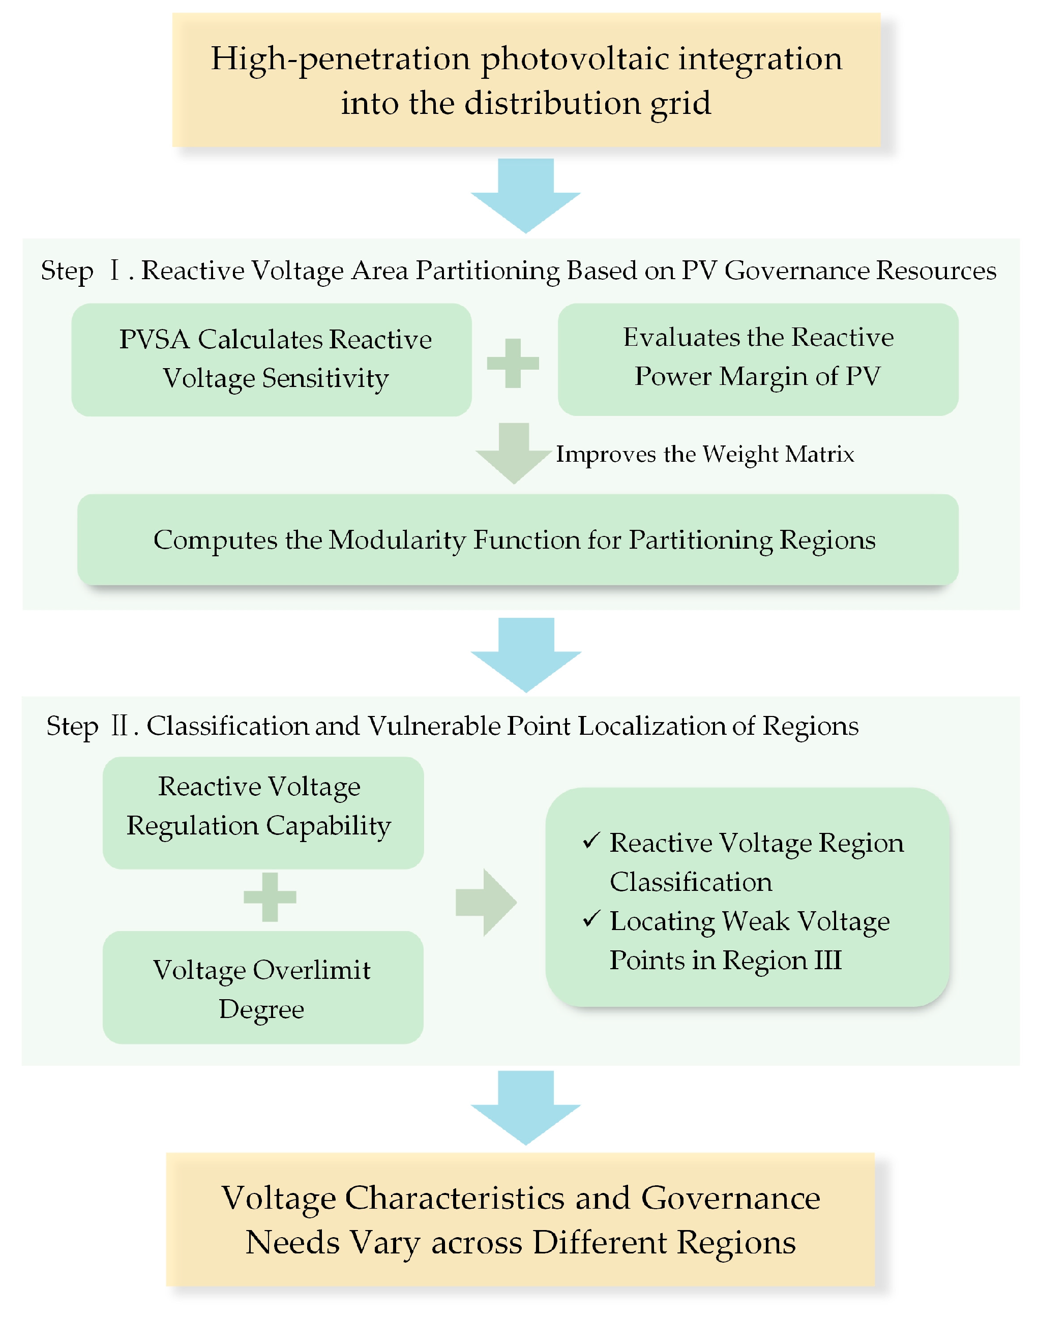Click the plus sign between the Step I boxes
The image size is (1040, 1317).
pyautogui.click(x=513, y=364)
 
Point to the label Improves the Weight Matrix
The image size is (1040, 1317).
pyautogui.click(x=705, y=455)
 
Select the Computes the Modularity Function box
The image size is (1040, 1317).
pyautogui.click(x=518, y=540)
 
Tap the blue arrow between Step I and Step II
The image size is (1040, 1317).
pyautogui.click(x=526, y=654)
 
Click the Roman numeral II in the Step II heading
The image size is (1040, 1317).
pyautogui.click(x=120, y=726)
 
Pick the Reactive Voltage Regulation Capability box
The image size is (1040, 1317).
pyautogui.click(x=263, y=813)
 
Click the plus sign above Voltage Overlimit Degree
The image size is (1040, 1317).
pyautogui.click(x=270, y=897)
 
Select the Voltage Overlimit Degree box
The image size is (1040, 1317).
pyautogui.click(x=263, y=987)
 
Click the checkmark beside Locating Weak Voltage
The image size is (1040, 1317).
pyautogui.click(x=592, y=919)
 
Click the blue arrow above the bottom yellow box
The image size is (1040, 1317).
pyautogui.click(x=525, y=1108)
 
